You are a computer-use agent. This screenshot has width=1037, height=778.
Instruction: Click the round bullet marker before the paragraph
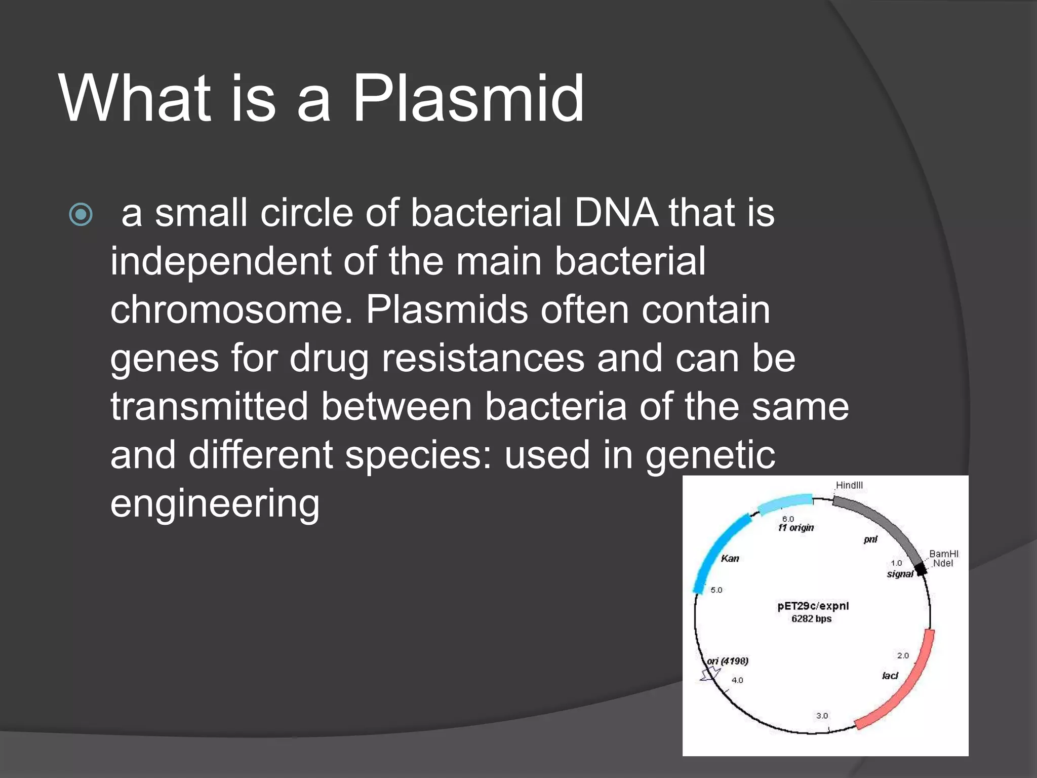pos(81,214)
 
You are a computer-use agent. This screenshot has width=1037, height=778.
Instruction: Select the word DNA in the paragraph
pos(616,213)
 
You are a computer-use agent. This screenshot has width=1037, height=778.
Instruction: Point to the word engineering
pos(215,503)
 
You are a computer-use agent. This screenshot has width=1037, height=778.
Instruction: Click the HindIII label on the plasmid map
pos(849,485)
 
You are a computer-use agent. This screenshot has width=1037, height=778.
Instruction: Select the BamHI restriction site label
pos(944,554)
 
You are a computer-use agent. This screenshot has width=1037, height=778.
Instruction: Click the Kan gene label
pos(730,559)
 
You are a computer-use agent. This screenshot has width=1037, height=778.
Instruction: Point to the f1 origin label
pos(796,528)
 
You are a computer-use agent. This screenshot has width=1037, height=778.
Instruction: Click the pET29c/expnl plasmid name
pos(813,606)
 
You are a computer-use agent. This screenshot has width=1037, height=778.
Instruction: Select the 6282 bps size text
pos(812,619)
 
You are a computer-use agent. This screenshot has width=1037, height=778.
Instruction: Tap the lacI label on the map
pos(890,676)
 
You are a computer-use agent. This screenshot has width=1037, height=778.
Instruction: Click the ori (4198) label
pos(728,661)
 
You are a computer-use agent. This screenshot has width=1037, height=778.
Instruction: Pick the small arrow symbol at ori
pos(710,674)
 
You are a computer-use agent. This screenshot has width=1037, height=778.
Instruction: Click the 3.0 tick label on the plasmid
pos(822,716)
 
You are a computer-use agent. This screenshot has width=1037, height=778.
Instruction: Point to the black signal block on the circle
pos(921,570)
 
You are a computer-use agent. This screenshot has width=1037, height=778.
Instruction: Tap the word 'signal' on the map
pos(900,574)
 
